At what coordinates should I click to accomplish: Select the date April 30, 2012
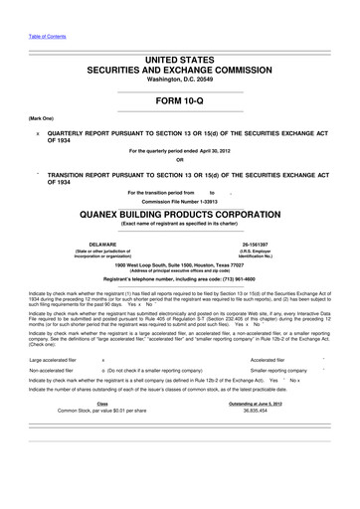tap(214, 151)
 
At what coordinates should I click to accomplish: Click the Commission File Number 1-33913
tap(179, 199)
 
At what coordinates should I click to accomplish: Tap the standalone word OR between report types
tap(179, 159)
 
